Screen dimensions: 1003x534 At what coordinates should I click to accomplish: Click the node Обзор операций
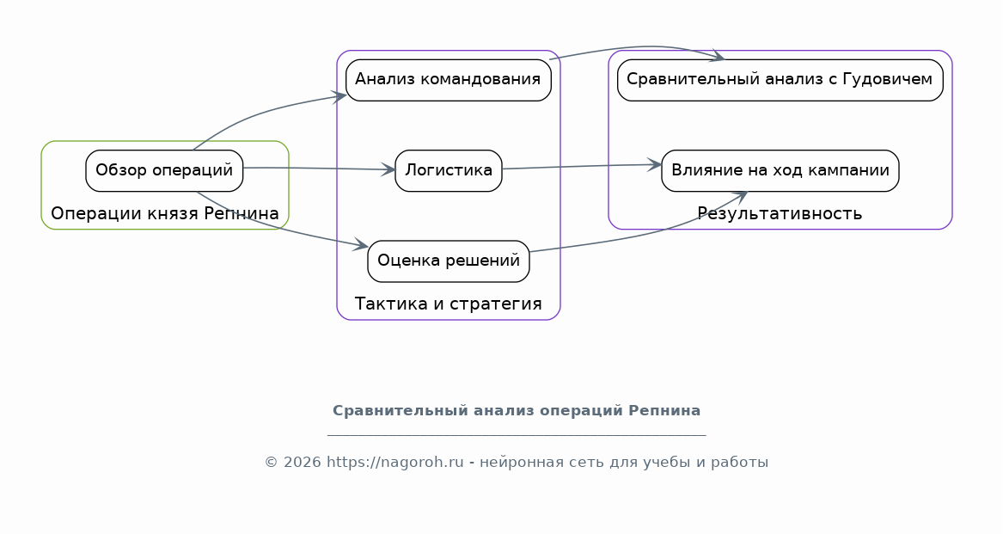(x=164, y=171)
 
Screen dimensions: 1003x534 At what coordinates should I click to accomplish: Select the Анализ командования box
(x=449, y=80)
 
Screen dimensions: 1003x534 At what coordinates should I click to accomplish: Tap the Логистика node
(x=449, y=171)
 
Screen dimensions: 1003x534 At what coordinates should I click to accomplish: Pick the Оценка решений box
(x=449, y=261)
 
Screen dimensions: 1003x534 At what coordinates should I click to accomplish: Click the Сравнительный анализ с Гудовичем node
(x=780, y=80)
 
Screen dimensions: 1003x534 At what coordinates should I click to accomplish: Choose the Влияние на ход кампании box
(x=780, y=171)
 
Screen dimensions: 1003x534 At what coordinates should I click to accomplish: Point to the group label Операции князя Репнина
(x=165, y=214)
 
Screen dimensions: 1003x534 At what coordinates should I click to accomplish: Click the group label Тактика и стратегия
(x=449, y=304)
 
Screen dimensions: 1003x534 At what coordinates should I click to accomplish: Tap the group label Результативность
(x=780, y=214)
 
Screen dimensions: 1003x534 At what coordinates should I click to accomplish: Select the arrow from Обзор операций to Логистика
(x=320, y=169)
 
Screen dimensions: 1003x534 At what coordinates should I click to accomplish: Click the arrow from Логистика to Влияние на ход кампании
(x=582, y=167)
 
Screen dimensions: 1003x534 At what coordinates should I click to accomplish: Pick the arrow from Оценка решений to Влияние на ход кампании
(x=646, y=234)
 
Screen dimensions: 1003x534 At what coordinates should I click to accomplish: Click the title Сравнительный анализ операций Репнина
(x=517, y=411)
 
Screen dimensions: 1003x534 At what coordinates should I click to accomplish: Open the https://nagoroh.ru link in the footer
(x=395, y=463)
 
